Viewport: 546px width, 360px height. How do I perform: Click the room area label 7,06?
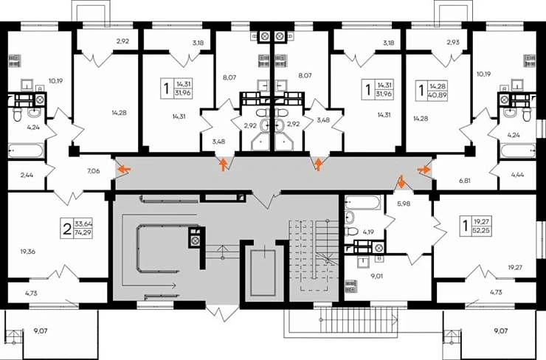[93, 171]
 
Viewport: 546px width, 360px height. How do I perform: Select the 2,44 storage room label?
[27, 175]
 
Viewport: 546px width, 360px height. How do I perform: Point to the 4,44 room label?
[517, 175]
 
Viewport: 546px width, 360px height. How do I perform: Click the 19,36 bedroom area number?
[28, 252]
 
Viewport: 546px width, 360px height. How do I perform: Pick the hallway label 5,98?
[404, 204]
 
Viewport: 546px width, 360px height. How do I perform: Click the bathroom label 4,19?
[368, 232]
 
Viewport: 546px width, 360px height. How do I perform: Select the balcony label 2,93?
[453, 42]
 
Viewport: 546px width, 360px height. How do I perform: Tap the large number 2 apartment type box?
[67, 229]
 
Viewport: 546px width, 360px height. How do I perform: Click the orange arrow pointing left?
[124, 170]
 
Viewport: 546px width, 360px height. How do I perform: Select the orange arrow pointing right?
[424, 170]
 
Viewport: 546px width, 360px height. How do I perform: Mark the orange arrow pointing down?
[401, 181]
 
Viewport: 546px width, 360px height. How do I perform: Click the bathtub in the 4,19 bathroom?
[362, 202]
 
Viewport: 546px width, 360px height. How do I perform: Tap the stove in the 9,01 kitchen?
[350, 286]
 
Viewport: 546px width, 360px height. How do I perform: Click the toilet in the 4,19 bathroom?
[351, 231]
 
